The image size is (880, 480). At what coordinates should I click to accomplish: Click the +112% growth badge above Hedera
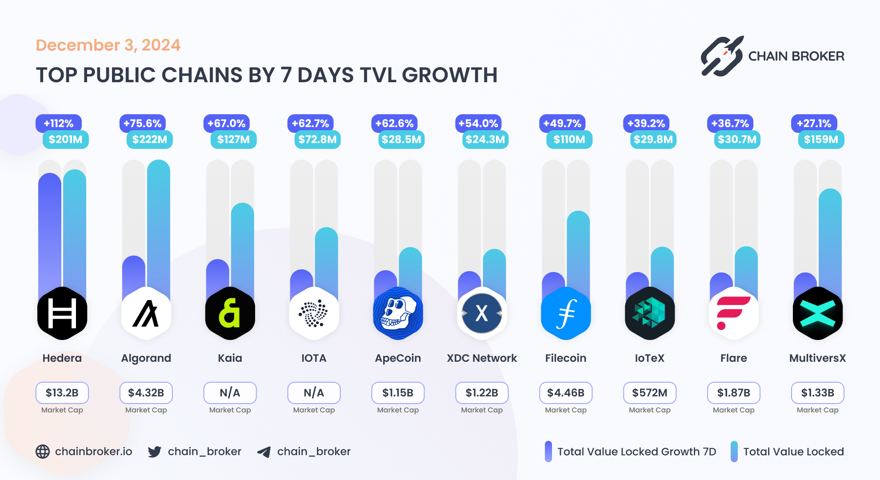click(x=58, y=123)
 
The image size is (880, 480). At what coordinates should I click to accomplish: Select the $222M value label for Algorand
click(x=150, y=140)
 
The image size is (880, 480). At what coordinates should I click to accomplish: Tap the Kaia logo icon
click(x=230, y=313)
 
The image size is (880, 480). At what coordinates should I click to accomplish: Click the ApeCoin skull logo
click(x=398, y=313)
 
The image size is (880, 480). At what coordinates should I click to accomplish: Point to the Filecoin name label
click(x=565, y=358)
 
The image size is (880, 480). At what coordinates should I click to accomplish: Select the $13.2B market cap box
click(x=62, y=393)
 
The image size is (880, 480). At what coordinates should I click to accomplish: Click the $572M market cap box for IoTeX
click(x=649, y=393)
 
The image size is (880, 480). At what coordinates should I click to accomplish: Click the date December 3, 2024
click(x=108, y=45)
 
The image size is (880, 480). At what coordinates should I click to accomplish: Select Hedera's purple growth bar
click(x=50, y=231)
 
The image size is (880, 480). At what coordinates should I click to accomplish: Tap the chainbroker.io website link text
click(x=93, y=452)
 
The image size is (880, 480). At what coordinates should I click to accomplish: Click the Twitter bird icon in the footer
click(x=155, y=452)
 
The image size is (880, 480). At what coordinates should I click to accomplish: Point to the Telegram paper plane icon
click(x=264, y=452)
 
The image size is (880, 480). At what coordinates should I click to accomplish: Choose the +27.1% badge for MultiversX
click(x=814, y=123)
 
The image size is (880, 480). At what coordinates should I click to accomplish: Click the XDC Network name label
click(x=482, y=358)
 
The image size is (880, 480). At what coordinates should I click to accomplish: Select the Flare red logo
click(x=733, y=313)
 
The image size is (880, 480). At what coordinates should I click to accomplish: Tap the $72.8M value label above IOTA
click(x=317, y=140)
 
